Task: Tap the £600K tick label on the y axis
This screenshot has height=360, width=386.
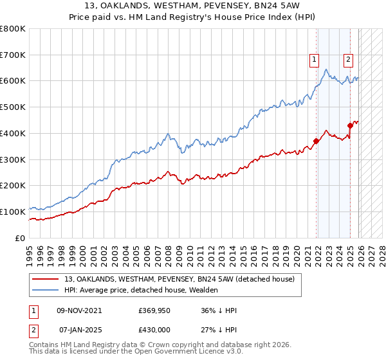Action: (x=13, y=81)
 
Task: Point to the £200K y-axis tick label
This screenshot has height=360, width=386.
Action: (x=13, y=185)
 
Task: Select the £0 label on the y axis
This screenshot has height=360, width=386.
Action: (x=21, y=238)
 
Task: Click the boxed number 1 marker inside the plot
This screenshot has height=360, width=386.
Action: (x=315, y=60)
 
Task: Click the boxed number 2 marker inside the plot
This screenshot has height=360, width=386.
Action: (x=348, y=60)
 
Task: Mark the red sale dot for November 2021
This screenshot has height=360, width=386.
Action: (x=317, y=141)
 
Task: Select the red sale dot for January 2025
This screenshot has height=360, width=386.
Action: (x=350, y=125)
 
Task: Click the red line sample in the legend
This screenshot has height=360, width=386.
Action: (x=46, y=279)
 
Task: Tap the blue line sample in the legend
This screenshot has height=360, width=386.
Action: (x=46, y=290)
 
